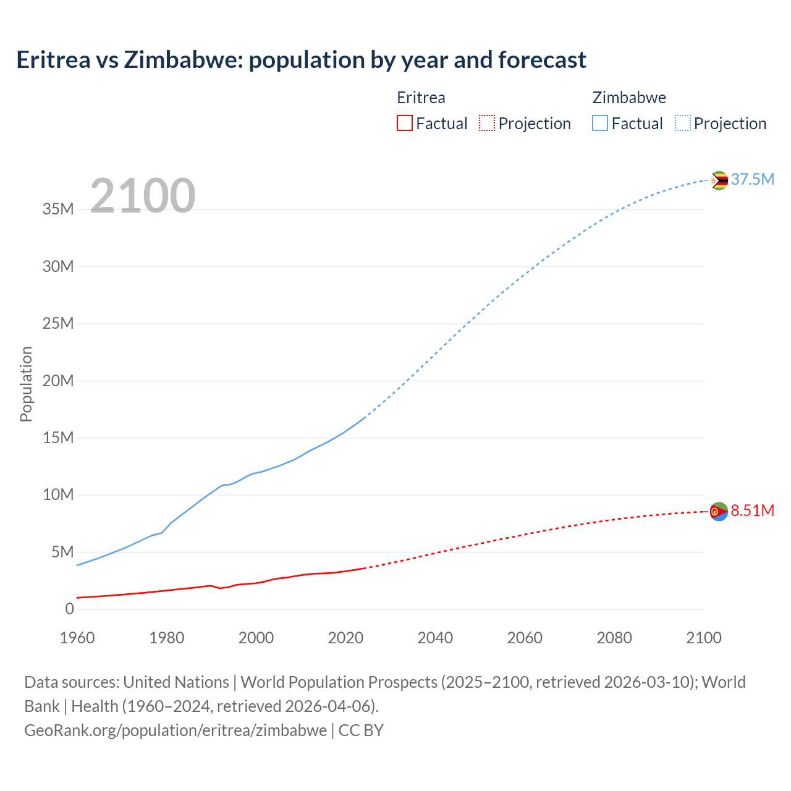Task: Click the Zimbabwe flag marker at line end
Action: tap(719, 180)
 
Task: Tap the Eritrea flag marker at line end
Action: tap(719, 512)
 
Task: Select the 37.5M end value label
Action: tap(752, 180)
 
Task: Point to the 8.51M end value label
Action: tap(752, 511)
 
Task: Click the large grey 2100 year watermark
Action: tap(143, 196)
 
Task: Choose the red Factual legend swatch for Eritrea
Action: tap(404, 123)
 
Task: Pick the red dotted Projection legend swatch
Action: tap(487, 123)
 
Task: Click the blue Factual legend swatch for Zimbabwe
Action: tap(599, 123)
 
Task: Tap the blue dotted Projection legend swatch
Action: tap(683, 123)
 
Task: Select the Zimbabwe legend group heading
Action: tap(629, 98)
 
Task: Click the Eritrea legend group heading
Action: tap(421, 98)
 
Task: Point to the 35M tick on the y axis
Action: tap(58, 209)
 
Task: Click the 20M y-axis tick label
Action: tap(58, 381)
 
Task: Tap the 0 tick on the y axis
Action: tap(69, 609)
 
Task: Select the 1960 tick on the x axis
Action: tap(77, 638)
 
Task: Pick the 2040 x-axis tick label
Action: tap(435, 638)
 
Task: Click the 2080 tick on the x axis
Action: tap(614, 638)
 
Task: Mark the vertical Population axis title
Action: tap(26, 384)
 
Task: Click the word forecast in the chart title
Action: tap(542, 60)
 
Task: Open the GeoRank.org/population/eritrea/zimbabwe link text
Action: tap(176, 730)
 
